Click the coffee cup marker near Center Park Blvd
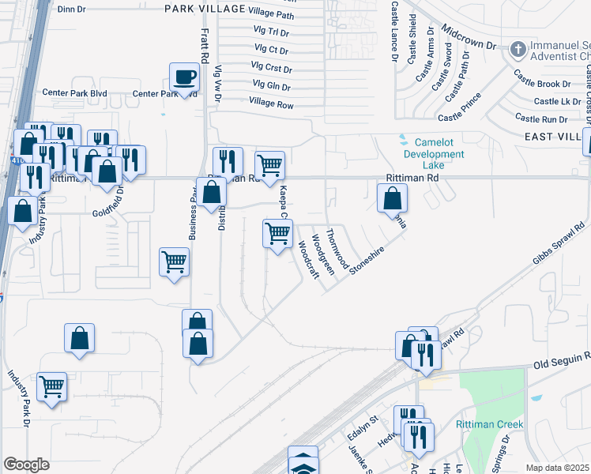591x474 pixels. pyautogui.click(x=186, y=77)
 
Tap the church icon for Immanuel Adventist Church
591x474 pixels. pyautogui.click(x=518, y=50)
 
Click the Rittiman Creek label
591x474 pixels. pyautogui.click(x=489, y=425)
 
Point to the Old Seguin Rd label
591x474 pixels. pyautogui.click(x=560, y=363)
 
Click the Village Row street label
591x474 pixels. pyautogui.click(x=271, y=103)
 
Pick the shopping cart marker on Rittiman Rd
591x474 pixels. pyautogui.click(x=270, y=165)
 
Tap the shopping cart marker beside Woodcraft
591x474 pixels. pyautogui.click(x=277, y=233)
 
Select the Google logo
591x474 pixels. pyautogui.click(x=27, y=465)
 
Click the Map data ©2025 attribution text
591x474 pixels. pyautogui.click(x=557, y=468)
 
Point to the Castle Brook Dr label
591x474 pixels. pyautogui.click(x=542, y=84)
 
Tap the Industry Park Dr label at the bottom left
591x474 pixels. pyautogui.click(x=19, y=400)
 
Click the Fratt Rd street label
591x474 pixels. pyautogui.click(x=203, y=46)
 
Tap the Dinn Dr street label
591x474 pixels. pyautogui.click(x=71, y=9)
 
